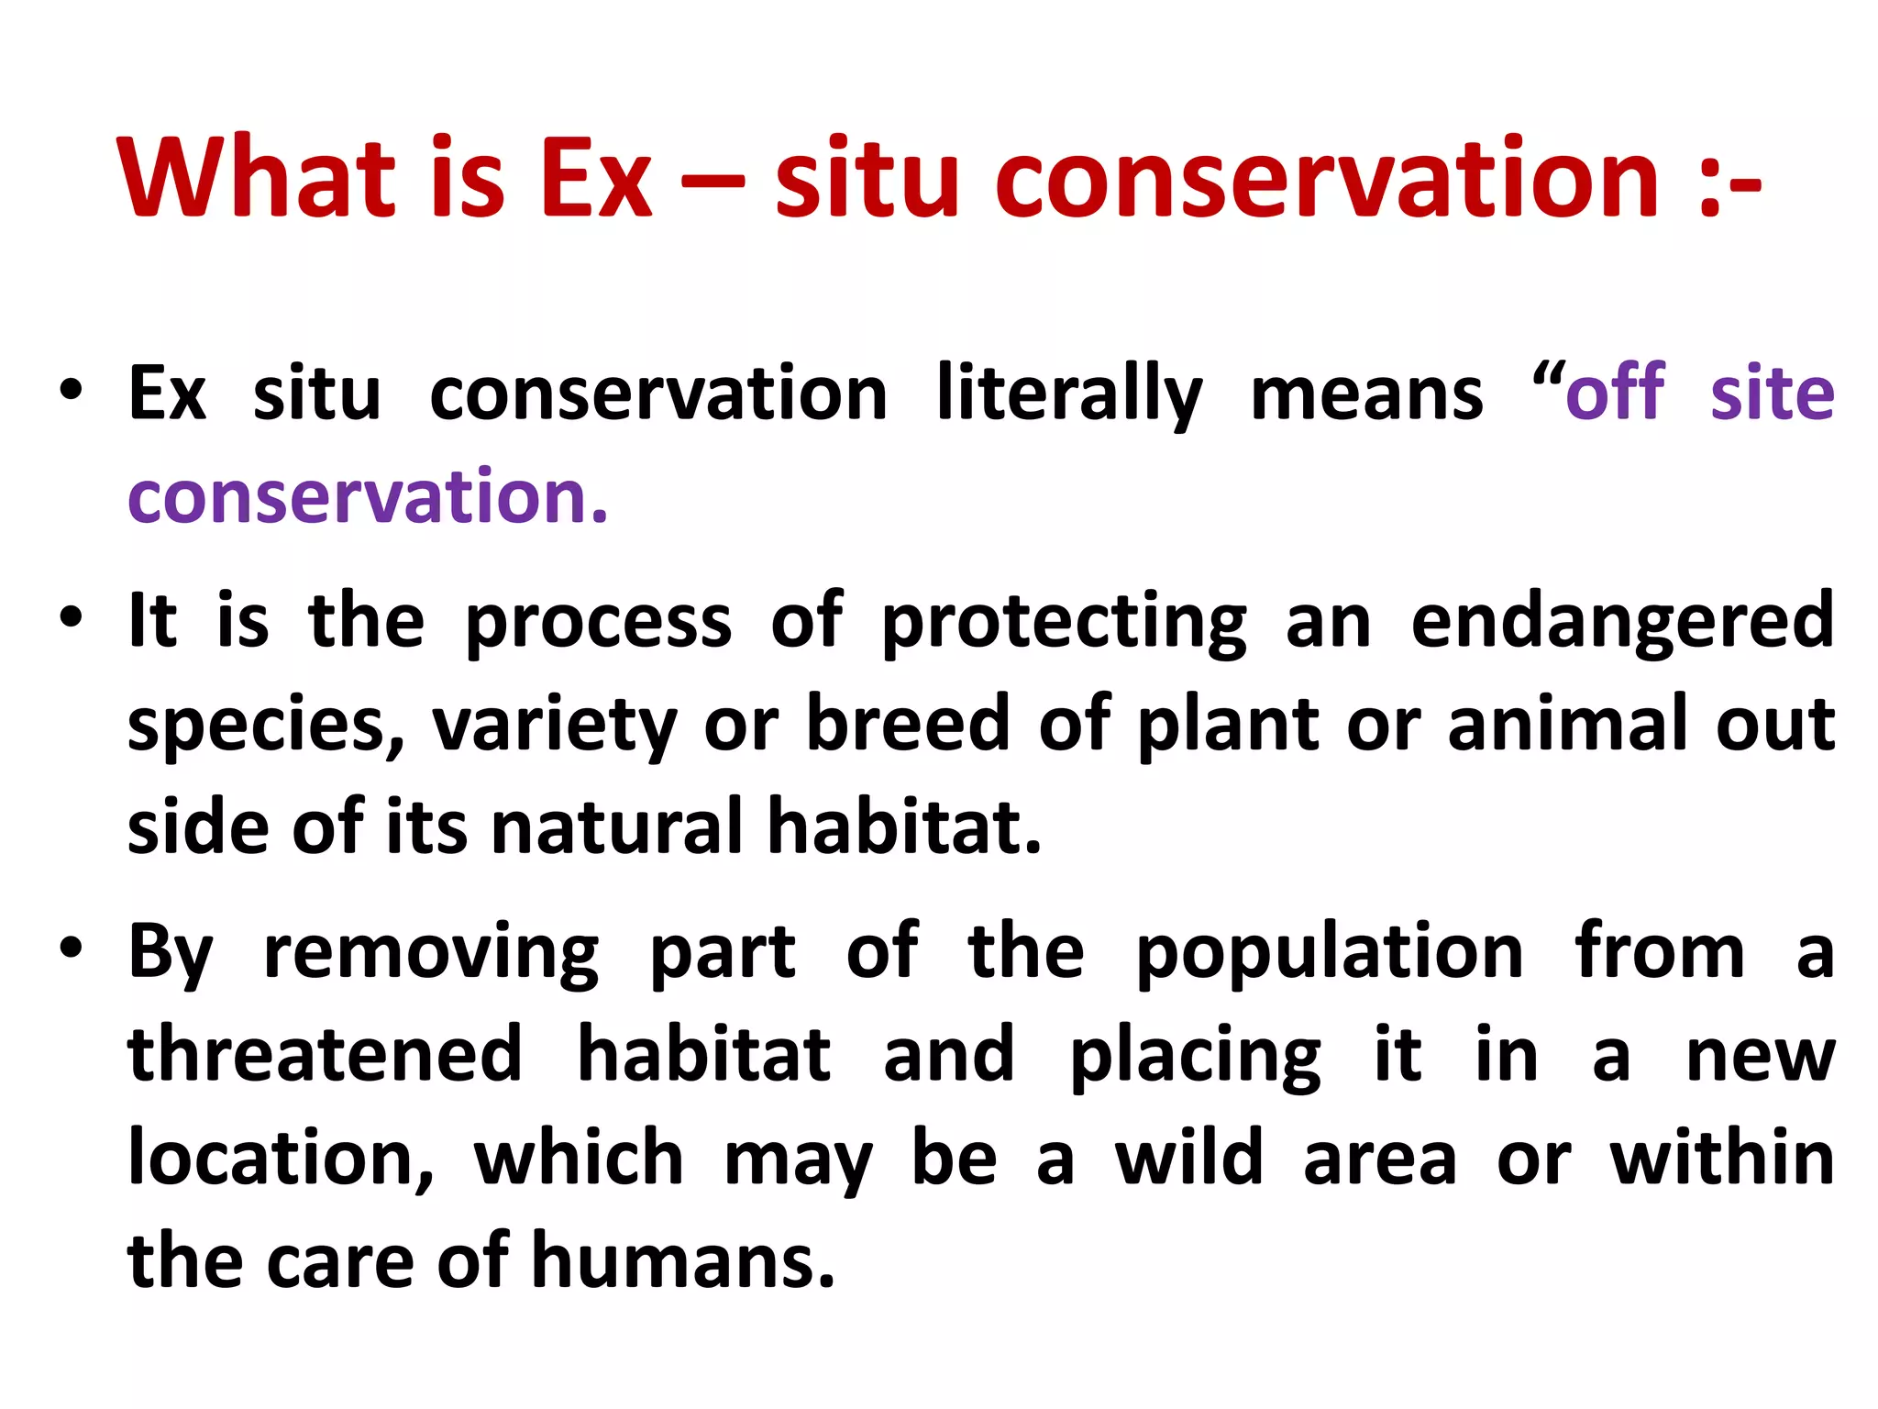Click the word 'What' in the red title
(258, 178)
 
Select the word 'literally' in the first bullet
(1069, 395)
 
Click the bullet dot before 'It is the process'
(71, 616)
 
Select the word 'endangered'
(1622, 622)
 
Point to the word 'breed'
(908, 724)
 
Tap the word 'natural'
(617, 827)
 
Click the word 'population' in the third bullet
(1331, 953)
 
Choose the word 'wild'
(1189, 1159)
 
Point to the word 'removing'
(431, 953)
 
